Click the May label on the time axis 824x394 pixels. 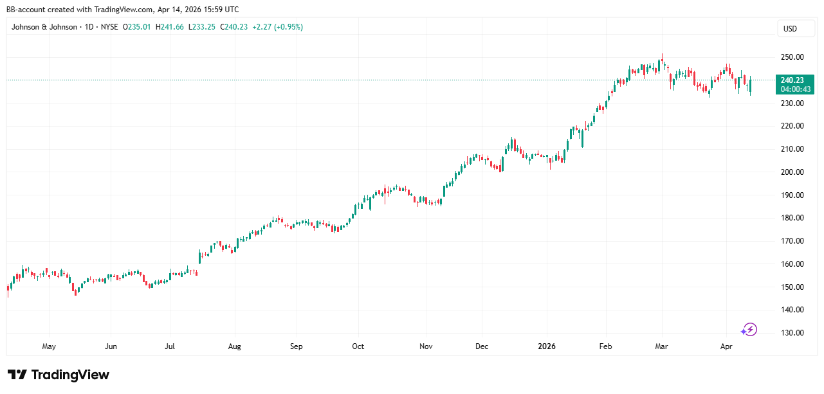coord(49,346)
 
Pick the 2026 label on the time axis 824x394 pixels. coord(547,346)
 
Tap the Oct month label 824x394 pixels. coord(358,346)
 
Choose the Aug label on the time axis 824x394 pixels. coord(234,346)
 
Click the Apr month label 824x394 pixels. coord(726,346)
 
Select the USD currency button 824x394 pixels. coord(790,29)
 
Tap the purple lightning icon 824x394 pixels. coord(749,330)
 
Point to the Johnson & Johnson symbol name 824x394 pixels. coord(44,27)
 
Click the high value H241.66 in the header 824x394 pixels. coord(170,27)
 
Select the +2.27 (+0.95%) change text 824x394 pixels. coord(277,27)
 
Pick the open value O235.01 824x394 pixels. coord(137,27)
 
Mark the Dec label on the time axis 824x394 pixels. coord(482,346)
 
